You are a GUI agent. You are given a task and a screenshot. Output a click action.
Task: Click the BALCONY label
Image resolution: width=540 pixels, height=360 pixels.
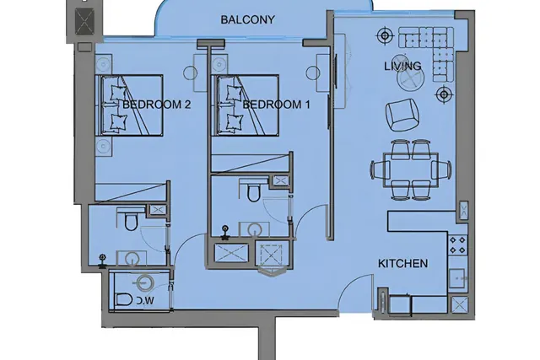[x=247, y=19]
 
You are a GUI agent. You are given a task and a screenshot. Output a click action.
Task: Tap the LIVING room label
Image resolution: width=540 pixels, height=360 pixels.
[x=402, y=66]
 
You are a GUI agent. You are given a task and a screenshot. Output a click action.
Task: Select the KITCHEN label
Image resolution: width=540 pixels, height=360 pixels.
[x=403, y=264]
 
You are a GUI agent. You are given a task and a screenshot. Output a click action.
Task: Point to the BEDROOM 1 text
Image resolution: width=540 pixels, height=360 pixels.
[x=276, y=105]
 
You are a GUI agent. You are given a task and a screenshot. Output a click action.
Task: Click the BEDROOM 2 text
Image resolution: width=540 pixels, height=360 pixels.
[x=156, y=105]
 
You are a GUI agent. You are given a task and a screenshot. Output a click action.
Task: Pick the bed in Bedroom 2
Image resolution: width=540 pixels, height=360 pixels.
[x=129, y=105]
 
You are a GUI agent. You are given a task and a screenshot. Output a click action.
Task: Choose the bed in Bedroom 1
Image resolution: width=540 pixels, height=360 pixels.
[x=245, y=105]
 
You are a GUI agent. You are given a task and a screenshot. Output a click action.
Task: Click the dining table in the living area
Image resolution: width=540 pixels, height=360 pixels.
[x=411, y=169]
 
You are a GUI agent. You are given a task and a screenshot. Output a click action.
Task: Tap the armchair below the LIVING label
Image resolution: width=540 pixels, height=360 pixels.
[x=402, y=115]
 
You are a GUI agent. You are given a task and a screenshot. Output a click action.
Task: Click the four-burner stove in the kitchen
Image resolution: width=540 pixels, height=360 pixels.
[x=457, y=244]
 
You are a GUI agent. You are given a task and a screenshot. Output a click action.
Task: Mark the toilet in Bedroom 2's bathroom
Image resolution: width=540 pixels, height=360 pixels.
[x=131, y=220]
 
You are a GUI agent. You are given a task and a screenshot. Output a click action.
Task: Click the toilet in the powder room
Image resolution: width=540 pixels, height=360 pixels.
[x=124, y=299]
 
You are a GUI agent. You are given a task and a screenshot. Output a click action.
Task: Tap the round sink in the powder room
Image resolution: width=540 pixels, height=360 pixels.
[x=143, y=282]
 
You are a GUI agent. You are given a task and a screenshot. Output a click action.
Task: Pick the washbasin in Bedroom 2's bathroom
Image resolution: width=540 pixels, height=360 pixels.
[x=132, y=259]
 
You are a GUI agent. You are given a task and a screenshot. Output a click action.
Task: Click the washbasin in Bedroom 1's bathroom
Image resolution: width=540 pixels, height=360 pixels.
[x=255, y=229]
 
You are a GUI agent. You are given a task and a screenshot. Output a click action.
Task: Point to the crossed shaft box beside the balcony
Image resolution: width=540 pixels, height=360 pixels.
[x=84, y=21]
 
